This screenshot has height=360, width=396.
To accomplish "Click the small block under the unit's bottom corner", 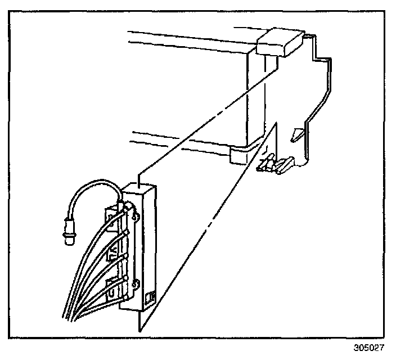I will pyautogui.click(x=238, y=154).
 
